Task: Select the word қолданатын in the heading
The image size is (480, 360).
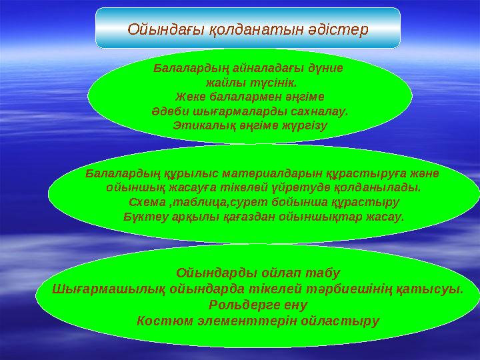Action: tap(249, 29)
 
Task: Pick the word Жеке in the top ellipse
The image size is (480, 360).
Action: tap(189, 97)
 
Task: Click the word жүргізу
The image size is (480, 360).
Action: tap(303, 125)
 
